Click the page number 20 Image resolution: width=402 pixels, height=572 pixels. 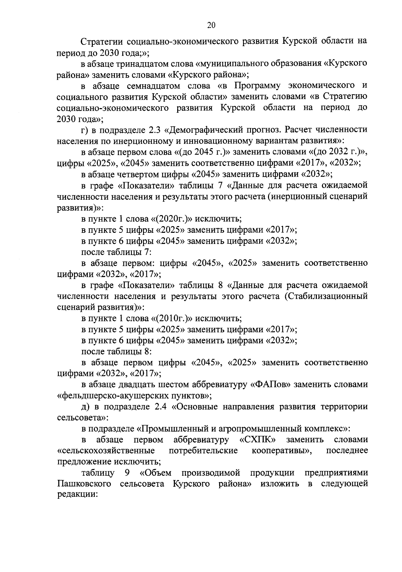click(211, 25)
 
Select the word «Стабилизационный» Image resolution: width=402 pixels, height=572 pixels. click(326, 296)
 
